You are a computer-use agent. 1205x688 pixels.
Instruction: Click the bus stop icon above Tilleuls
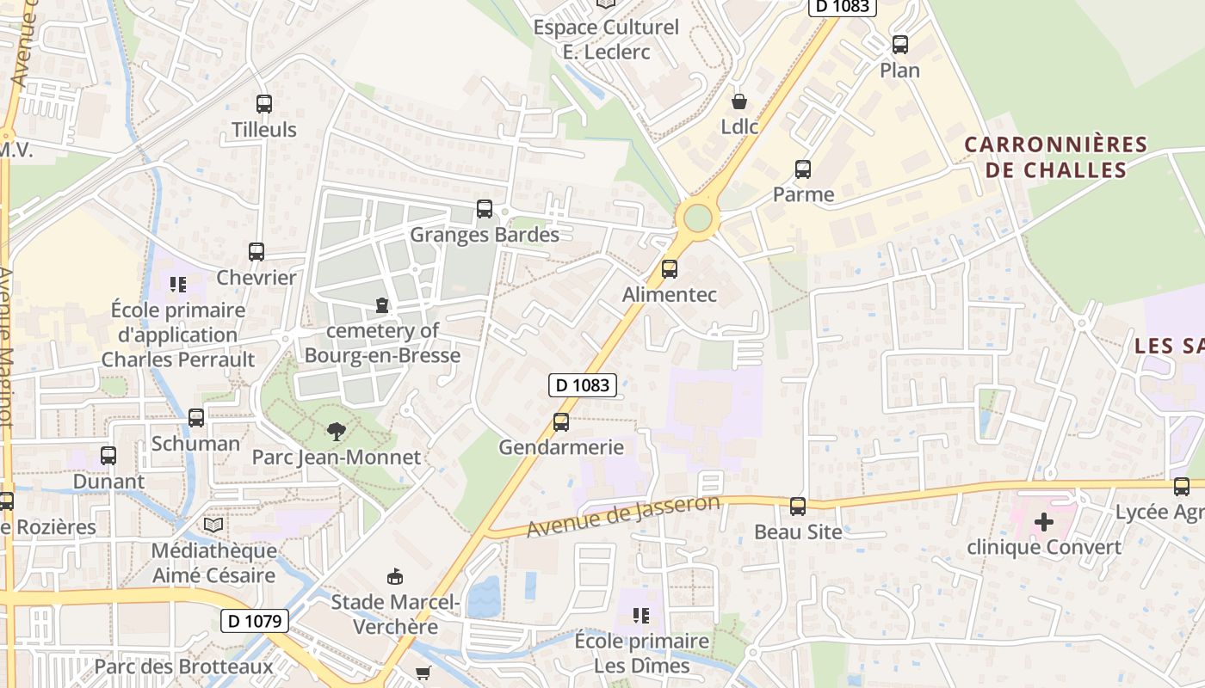(264, 104)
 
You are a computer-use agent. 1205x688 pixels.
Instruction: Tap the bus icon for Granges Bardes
(485, 209)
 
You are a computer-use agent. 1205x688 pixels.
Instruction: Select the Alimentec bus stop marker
(670, 269)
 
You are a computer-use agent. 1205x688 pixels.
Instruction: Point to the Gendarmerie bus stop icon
(561, 421)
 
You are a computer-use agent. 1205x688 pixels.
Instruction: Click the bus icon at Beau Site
(798, 507)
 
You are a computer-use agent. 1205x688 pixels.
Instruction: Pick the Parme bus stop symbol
(803, 169)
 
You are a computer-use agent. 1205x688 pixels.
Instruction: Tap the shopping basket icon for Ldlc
(738, 101)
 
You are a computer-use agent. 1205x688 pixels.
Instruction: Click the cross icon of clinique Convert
(1044, 521)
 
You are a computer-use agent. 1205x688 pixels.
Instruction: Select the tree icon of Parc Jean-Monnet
(337, 432)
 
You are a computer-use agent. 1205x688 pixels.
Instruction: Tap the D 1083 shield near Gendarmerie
(583, 385)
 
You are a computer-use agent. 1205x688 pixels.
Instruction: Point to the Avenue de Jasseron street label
(622, 517)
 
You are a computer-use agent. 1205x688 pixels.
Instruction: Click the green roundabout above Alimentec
(696, 218)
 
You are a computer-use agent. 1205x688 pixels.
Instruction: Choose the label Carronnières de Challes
(1056, 157)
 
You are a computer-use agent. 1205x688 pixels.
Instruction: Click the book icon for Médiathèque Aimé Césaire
(213, 525)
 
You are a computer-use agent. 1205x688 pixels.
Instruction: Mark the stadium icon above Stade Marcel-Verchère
(395, 576)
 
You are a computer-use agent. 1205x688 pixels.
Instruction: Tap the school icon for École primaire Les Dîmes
(641, 615)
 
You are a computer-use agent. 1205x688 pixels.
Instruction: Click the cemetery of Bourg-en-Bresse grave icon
(382, 305)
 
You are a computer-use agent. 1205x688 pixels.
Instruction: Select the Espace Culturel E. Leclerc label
(606, 39)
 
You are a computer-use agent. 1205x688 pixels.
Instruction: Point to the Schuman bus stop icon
(196, 418)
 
